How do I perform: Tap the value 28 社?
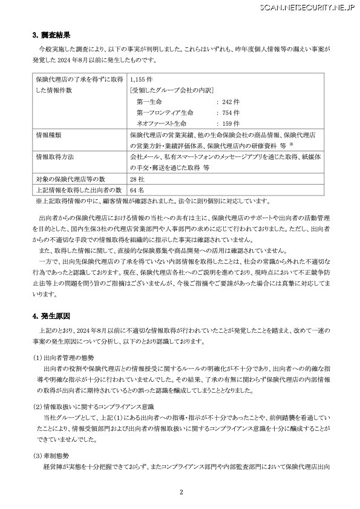coord(137,180)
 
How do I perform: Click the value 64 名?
coord(137,191)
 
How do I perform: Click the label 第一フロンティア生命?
coord(165,112)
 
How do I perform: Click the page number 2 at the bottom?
coord(180,492)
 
